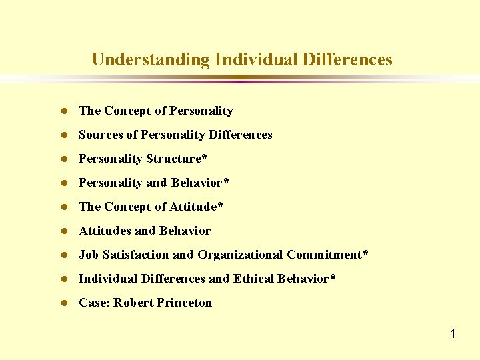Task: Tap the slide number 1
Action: pos(452,334)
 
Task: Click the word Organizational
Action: pos(241,255)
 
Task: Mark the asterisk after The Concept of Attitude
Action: pos(220,205)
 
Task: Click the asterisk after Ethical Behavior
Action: pos(332,277)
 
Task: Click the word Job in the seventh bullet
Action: pos(87,255)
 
